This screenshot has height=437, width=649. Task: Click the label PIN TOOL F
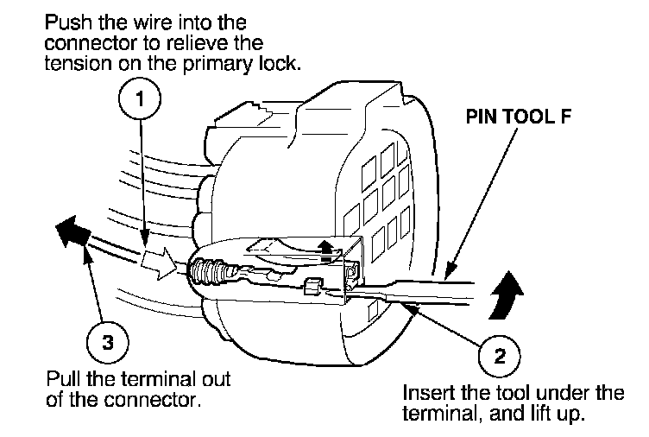pyautogui.click(x=520, y=113)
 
